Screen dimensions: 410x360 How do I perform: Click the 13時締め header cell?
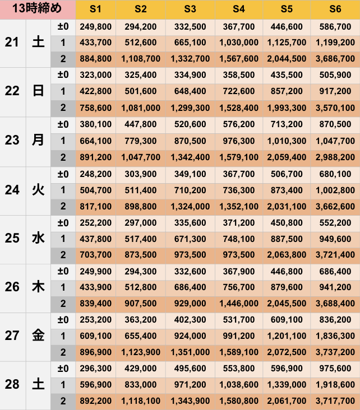click(38, 10)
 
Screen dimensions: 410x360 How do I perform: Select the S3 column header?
click(190, 10)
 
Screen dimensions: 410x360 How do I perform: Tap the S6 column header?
click(335, 10)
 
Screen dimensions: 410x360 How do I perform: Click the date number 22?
click(12, 92)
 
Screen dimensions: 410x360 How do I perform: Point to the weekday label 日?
click(38, 92)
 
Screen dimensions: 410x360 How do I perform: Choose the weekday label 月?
click(38, 141)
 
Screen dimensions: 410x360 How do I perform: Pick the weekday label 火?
click(38, 190)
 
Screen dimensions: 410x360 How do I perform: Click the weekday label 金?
click(38, 336)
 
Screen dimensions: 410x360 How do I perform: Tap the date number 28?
click(12, 385)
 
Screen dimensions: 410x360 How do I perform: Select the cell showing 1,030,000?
click(239, 43)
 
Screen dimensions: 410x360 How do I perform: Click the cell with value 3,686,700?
click(335, 59)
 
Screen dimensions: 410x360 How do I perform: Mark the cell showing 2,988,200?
click(335, 157)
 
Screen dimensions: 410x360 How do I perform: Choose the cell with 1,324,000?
click(190, 207)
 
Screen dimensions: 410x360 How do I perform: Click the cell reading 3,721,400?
click(335, 255)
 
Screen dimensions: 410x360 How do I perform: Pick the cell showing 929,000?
click(190, 304)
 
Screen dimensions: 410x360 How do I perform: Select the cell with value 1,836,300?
click(335, 336)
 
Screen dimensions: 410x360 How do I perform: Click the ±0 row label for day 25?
click(63, 223)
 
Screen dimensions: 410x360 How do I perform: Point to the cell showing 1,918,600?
click(335, 385)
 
